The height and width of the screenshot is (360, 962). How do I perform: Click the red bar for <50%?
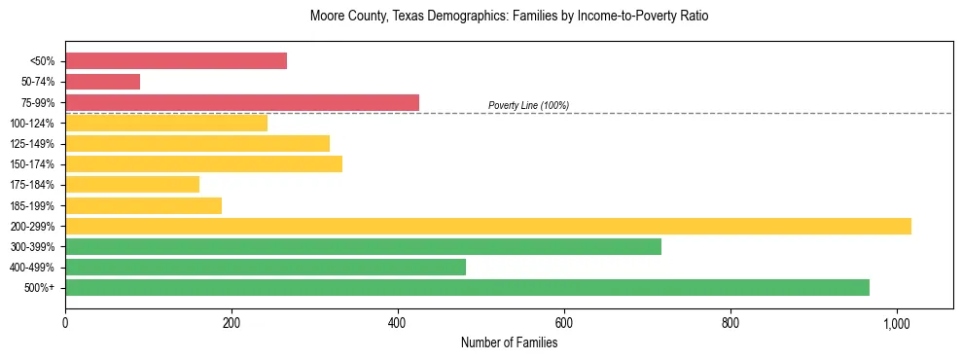(176, 61)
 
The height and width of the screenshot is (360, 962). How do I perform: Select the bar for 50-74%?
(102, 82)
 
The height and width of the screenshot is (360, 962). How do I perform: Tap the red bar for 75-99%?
(242, 102)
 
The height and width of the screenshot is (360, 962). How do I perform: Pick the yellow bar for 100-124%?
(166, 124)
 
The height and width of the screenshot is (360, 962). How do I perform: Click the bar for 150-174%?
(203, 164)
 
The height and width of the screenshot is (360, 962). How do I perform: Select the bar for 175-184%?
(132, 185)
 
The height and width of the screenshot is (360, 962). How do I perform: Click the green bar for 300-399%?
(363, 246)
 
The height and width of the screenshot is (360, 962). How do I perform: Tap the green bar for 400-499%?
(266, 268)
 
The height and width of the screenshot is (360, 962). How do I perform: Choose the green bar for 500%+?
(467, 288)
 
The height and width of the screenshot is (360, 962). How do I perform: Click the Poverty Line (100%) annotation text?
(528, 105)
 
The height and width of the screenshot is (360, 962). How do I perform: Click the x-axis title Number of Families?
(509, 342)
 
